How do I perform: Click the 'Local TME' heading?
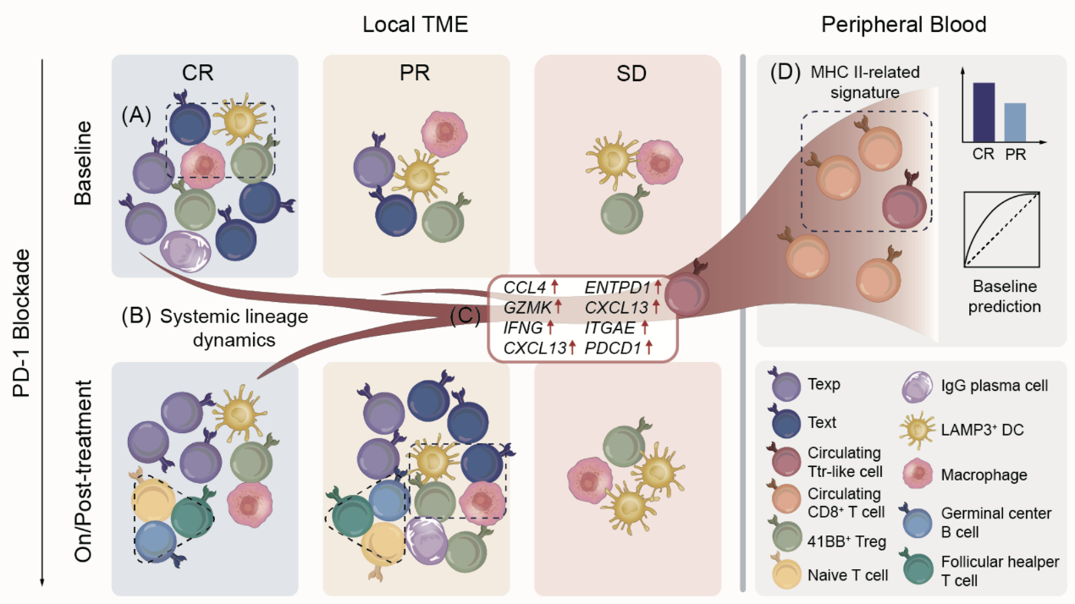(x=415, y=25)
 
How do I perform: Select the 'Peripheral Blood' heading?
(x=903, y=25)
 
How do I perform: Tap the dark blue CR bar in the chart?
(x=984, y=110)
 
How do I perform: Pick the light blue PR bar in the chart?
(x=1015, y=120)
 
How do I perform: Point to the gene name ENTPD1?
(x=615, y=289)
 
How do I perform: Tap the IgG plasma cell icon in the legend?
(x=918, y=387)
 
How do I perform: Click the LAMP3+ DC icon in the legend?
(x=918, y=431)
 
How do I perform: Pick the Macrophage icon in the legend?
(x=918, y=475)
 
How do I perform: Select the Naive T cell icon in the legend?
(x=787, y=575)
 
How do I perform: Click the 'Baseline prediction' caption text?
(x=1003, y=295)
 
